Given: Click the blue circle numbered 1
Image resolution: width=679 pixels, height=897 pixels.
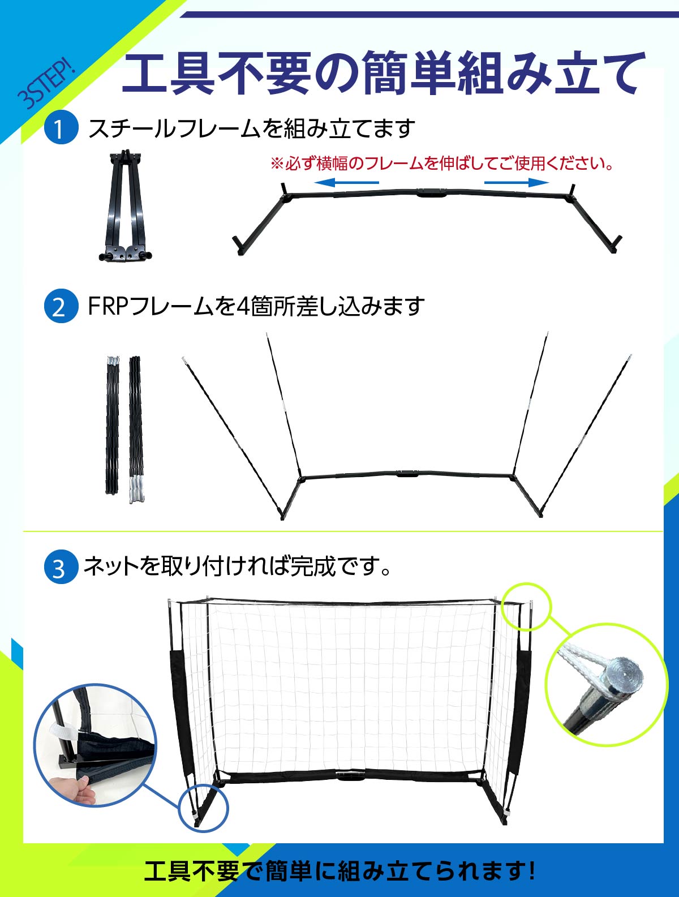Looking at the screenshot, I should tap(61, 128).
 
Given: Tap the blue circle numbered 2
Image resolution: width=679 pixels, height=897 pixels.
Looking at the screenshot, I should tap(61, 306).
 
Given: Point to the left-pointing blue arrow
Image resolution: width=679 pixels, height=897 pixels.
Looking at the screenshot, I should tap(346, 182).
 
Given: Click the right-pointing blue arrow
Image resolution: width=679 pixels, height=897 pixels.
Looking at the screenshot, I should tap(517, 182).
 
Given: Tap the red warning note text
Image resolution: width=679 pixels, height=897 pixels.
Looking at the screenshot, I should tap(442, 164).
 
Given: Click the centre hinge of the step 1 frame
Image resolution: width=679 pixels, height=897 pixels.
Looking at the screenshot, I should tap(432, 193).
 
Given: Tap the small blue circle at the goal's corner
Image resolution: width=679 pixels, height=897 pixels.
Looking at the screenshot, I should tap(204, 808).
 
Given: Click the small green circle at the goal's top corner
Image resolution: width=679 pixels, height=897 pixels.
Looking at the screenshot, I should tap(526, 606).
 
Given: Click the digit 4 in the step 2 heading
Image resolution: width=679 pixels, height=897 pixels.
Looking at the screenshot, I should tap(242, 306).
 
